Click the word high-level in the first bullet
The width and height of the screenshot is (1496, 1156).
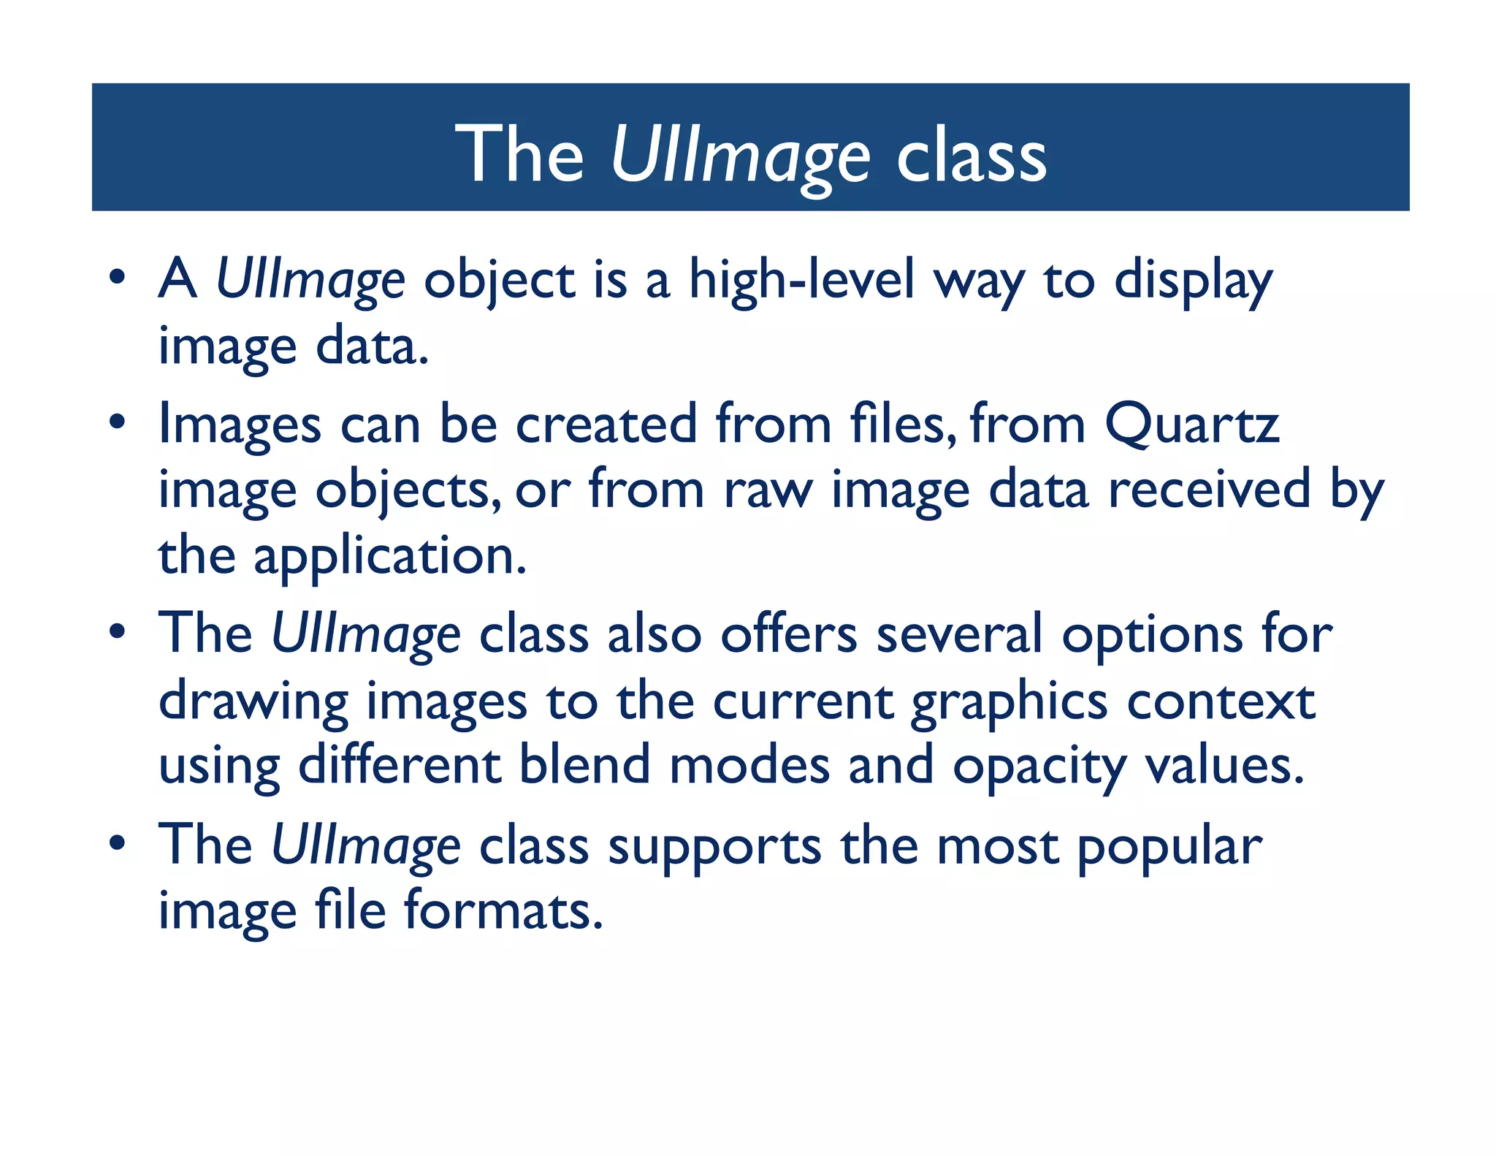point(801,281)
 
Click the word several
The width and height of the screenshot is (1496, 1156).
point(959,634)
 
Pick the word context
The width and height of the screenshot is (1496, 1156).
point(1221,701)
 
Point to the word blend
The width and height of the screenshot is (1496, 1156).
point(584,766)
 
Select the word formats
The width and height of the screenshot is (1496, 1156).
point(503,910)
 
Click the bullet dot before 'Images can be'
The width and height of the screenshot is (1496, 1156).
point(117,422)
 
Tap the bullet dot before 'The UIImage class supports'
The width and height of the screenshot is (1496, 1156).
point(117,844)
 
